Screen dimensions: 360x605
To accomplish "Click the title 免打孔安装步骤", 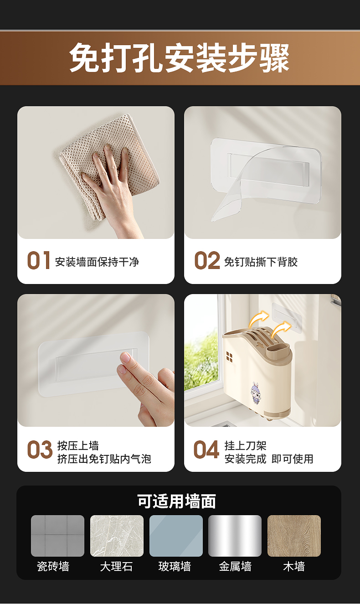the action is pyautogui.click(x=180, y=58).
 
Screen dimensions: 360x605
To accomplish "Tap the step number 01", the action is pyautogui.click(x=39, y=260).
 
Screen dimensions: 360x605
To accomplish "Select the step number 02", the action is pyautogui.click(x=207, y=260).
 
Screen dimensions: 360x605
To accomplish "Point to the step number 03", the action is pyautogui.click(x=40, y=450).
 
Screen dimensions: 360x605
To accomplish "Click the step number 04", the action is pyautogui.click(x=206, y=450).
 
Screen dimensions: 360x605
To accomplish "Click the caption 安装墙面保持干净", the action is pyautogui.click(x=97, y=262).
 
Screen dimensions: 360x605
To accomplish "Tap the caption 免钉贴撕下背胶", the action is pyautogui.click(x=261, y=262).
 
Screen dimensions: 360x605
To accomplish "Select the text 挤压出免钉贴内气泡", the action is pyautogui.click(x=104, y=459).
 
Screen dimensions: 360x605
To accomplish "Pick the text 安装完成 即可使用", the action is pyautogui.click(x=269, y=459).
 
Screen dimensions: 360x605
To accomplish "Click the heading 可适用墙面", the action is pyautogui.click(x=176, y=502).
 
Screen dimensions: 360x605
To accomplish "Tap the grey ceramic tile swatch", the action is pyautogui.click(x=58, y=536).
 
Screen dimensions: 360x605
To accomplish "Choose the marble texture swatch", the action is pyautogui.click(x=117, y=536).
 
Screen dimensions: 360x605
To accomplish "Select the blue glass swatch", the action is pyautogui.click(x=176, y=536).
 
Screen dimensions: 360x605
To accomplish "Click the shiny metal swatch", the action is pyautogui.click(x=235, y=536).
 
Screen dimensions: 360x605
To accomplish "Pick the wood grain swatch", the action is pyautogui.click(x=294, y=536).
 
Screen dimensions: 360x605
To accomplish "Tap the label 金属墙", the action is pyautogui.click(x=235, y=566).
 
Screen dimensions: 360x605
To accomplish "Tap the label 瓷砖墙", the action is pyautogui.click(x=53, y=566).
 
